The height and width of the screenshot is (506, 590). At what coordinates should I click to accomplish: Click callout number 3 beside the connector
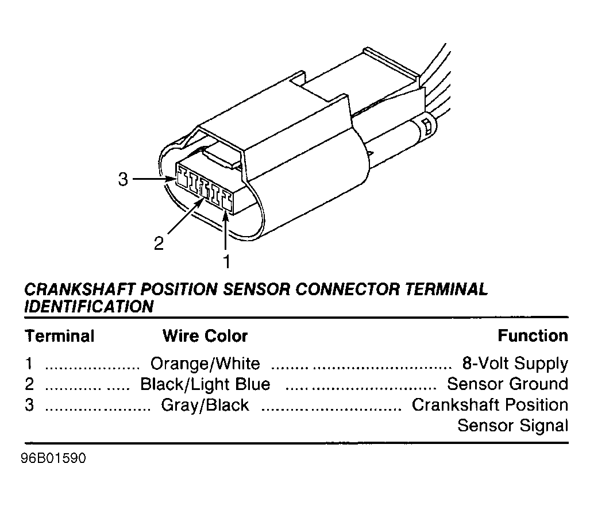(122, 180)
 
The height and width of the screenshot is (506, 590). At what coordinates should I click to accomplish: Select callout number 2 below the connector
(159, 244)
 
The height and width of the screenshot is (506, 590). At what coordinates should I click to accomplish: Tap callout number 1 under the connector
(226, 262)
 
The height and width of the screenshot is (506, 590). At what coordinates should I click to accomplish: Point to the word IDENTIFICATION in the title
(89, 307)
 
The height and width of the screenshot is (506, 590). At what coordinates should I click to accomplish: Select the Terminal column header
(59, 336)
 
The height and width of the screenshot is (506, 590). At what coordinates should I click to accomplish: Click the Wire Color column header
(205, 336)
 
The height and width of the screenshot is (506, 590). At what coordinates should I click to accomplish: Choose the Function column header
(533, 335)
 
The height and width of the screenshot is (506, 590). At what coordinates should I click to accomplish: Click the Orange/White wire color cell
(205, 364)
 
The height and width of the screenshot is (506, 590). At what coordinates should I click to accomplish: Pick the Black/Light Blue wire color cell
(205, 384)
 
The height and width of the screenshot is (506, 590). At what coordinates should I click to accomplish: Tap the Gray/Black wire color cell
(205, 405)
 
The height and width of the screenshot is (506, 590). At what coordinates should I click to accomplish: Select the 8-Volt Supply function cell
(515, 364)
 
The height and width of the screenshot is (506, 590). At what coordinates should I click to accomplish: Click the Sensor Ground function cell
(507, 384)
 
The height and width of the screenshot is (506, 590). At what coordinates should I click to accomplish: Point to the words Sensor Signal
(512, 426)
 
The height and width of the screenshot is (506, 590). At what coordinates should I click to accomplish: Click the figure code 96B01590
(55, 461)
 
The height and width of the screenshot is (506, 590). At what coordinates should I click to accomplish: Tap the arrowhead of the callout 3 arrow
(172, 180)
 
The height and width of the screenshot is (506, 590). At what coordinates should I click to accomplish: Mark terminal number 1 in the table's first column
(29, 364)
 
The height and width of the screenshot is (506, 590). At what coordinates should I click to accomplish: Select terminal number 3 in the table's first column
(29, 405)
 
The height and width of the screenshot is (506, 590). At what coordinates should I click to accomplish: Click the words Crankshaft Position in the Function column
(490, 405)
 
